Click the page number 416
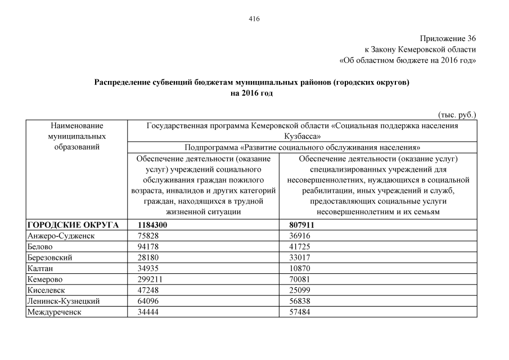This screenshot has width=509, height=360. tap(254, 19)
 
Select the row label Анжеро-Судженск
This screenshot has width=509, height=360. tap(61, 236)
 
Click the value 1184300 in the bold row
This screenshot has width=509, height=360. tap(153, 225)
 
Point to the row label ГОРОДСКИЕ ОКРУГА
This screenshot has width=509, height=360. tap(73, 225)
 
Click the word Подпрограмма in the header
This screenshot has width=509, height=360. tap(209, 148)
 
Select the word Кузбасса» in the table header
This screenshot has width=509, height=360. tap(303, 136)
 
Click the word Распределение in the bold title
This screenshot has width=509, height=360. tap(122, 82)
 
